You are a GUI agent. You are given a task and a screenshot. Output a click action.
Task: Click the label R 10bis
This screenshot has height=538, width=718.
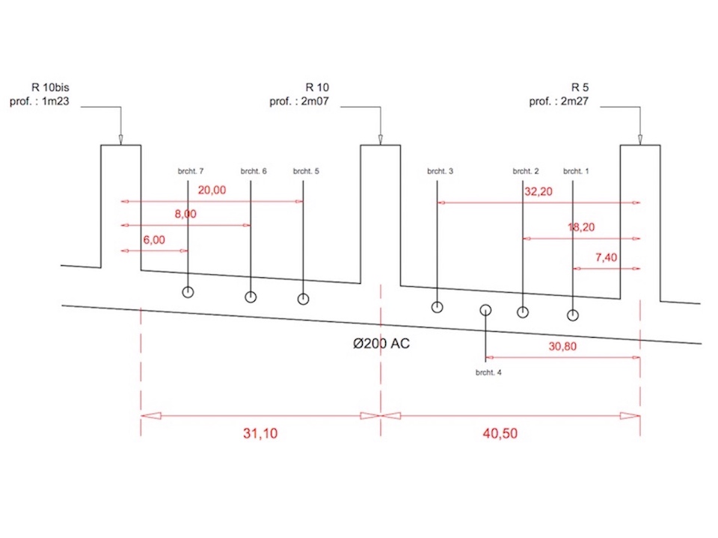(x=50, y=87)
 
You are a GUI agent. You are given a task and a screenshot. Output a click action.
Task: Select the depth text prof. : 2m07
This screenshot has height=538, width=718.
(x=299, y=101)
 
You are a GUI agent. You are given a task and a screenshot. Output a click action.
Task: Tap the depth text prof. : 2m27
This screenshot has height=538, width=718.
(x=559, y=101)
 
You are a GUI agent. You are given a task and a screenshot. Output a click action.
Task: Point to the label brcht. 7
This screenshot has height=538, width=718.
(x=191, y=171)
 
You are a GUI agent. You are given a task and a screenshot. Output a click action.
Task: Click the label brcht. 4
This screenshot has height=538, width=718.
(x=488, y=372)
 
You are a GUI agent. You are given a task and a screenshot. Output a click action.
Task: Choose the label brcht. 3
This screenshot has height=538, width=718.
(x=440, y=171)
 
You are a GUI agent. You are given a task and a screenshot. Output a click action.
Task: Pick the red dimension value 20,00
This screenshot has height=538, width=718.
(x=212, y=190)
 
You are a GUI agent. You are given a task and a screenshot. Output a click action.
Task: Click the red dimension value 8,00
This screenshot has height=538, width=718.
(x=185, y=214)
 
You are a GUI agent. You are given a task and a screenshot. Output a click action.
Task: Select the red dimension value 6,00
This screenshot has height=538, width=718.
(x=154, y=240)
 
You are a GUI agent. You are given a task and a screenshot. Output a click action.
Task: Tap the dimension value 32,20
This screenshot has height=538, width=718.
(x=538, y=191)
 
